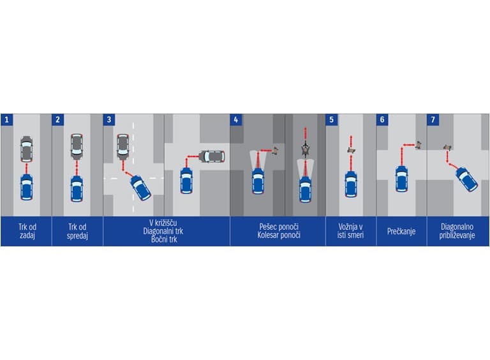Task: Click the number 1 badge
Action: (x=7, y=120)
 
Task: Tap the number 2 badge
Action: (x=58, y=120)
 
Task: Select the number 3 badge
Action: (x=109, y=120)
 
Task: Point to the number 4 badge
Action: (x=236, y=120)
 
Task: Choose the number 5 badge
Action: (x=332, y=120)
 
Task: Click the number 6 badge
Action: (x=382, y=120)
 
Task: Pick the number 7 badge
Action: (x=433, y=120)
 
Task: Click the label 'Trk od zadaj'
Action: (x=27, y=231)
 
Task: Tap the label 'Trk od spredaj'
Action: (x=77, y=231)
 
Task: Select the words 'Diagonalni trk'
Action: (x=163, y=231)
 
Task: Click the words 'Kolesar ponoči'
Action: (x=279, y=236)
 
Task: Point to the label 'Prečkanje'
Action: (x=401, y=232)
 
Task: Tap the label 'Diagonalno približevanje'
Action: (x=457, y=231)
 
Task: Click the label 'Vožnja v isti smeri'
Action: (x=350, y=231)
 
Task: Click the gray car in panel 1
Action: (x=27, y=149)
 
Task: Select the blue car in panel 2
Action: (x=77, y=189)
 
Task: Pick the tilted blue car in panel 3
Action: (x=140, y=188)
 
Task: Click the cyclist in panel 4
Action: (x=305, y=149)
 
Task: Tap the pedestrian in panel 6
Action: (x=419, y=145)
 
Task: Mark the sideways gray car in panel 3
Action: (x=212, y=156)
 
